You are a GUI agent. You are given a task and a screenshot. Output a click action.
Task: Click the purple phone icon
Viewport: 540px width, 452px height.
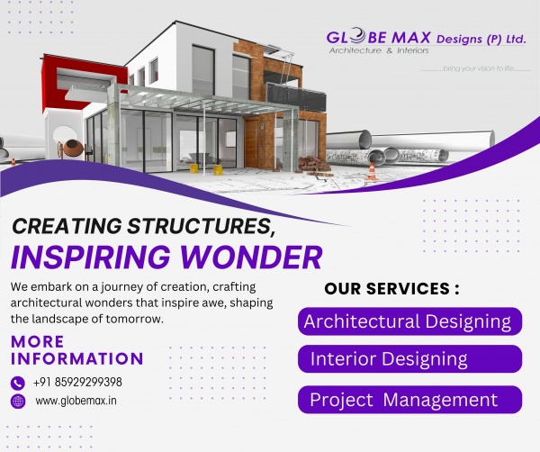[x=18, y=383]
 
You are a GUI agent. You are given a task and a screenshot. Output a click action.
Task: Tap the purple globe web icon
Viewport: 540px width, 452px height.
[x=18, y=402]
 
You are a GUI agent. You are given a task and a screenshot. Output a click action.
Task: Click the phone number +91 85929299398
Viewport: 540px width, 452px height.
[x=77, y=382]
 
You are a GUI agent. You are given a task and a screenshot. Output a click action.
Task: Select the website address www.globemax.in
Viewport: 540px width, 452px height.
[x=76, y=401]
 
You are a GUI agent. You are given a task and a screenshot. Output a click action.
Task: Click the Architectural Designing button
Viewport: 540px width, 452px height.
[x=409, y=321]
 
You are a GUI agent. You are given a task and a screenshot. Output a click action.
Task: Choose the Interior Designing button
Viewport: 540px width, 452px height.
[x=409, y=359]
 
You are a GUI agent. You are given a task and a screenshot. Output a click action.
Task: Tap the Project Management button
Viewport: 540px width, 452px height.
[x=409, y=400]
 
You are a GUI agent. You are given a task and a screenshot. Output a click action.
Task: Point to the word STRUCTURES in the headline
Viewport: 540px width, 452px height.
[x=202, y=227]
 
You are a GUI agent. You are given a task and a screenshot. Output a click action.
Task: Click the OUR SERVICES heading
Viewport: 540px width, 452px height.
[x=391, y=289]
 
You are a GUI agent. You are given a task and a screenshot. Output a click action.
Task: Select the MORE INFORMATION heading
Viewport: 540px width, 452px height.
[x=76, y=350]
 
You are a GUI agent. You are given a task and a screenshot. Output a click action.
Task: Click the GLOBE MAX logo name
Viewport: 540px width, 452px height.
[x=379, y=38]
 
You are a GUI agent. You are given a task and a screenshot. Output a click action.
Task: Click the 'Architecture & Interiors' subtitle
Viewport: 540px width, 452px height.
[x=379, y=50]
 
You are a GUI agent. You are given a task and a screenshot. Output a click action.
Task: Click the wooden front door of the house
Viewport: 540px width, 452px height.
[x=251, y=141]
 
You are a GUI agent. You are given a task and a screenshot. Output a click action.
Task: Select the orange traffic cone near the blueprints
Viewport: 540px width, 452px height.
[x=371, y=170]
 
